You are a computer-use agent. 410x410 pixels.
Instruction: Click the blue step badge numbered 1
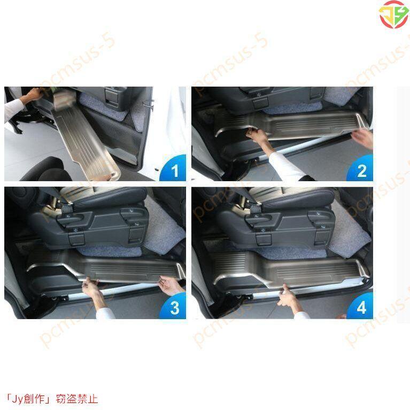(173, 168)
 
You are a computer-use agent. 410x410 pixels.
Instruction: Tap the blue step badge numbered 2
(361, 168)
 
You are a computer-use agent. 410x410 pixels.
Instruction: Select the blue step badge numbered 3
(173, 306)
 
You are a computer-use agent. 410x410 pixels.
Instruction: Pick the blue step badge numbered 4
(361, 306)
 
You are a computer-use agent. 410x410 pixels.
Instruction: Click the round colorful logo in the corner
(393, 14)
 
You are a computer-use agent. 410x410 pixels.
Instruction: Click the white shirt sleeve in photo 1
(13, 108)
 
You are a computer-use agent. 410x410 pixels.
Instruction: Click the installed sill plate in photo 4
(290, 270)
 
